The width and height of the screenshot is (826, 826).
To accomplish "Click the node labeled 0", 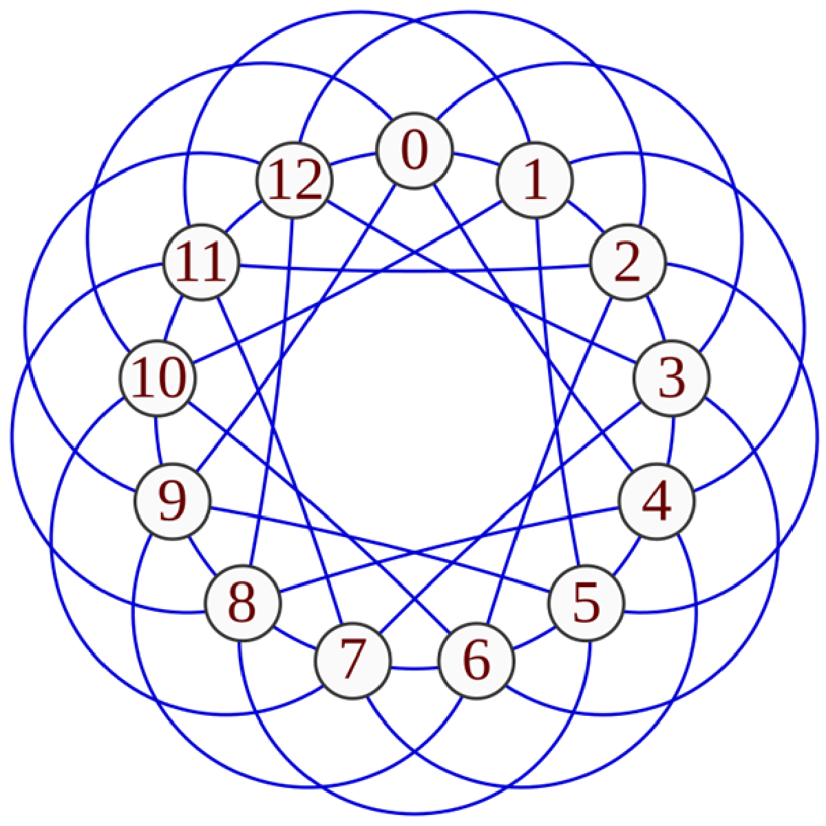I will (414, 151).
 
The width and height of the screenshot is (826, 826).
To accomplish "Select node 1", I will (534, 180).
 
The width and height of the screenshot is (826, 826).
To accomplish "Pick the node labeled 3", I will (670, 379).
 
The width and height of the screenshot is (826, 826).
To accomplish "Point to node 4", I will (657, 502).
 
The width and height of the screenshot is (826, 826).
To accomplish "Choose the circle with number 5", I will (586, 602).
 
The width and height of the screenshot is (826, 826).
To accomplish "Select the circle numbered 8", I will (242, 602).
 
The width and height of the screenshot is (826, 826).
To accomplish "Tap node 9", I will (171, 502).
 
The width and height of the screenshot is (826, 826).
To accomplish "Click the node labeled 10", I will (157, 379).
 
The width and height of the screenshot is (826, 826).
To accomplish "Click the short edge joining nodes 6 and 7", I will (414, 668).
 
